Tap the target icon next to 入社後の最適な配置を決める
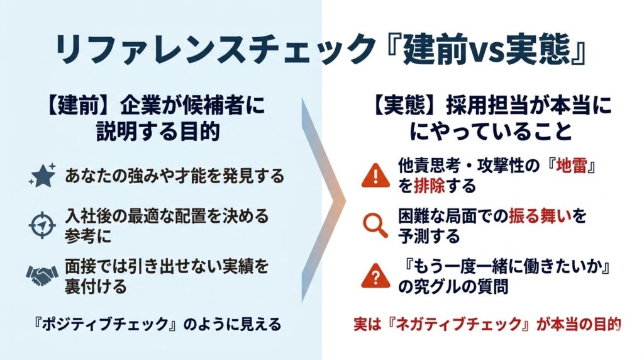pos(42,224)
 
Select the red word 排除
pos(428,186)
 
